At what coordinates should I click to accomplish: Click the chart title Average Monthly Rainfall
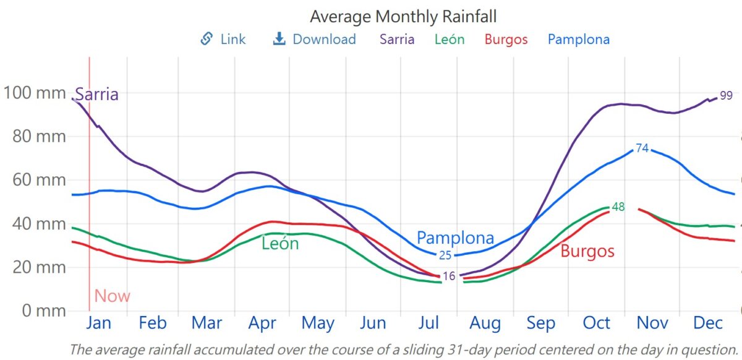tap(403, 15)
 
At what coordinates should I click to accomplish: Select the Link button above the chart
tap(223, 40)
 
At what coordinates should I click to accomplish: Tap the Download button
tap(315, 40)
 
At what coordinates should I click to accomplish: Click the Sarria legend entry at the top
tap(397, 40)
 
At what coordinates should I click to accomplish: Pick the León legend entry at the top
tap(450, 40)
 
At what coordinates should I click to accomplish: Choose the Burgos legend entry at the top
tap(506, 40)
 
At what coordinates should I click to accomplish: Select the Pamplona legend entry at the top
tap(578, 40)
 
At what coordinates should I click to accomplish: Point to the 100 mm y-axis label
tap(34, 93)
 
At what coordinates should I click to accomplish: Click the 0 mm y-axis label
tap(43, 311)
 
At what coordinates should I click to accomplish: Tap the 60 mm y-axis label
tap(38, 180)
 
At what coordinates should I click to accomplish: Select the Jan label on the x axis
tap(98, 323)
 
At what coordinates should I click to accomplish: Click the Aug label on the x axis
tap(485, 323)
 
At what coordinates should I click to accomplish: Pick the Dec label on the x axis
tap(708, 323)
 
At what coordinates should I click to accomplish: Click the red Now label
tap(112, 296)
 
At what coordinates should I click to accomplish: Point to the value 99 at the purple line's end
tap(726, 95)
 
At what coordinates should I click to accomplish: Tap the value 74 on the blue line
tap(642, 148)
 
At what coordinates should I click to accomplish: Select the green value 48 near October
tap(618, 207)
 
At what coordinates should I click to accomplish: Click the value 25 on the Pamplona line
tap(445, 255)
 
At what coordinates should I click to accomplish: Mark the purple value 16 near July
tap(449, 276)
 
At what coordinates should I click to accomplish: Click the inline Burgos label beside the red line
tap(587, 251)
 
